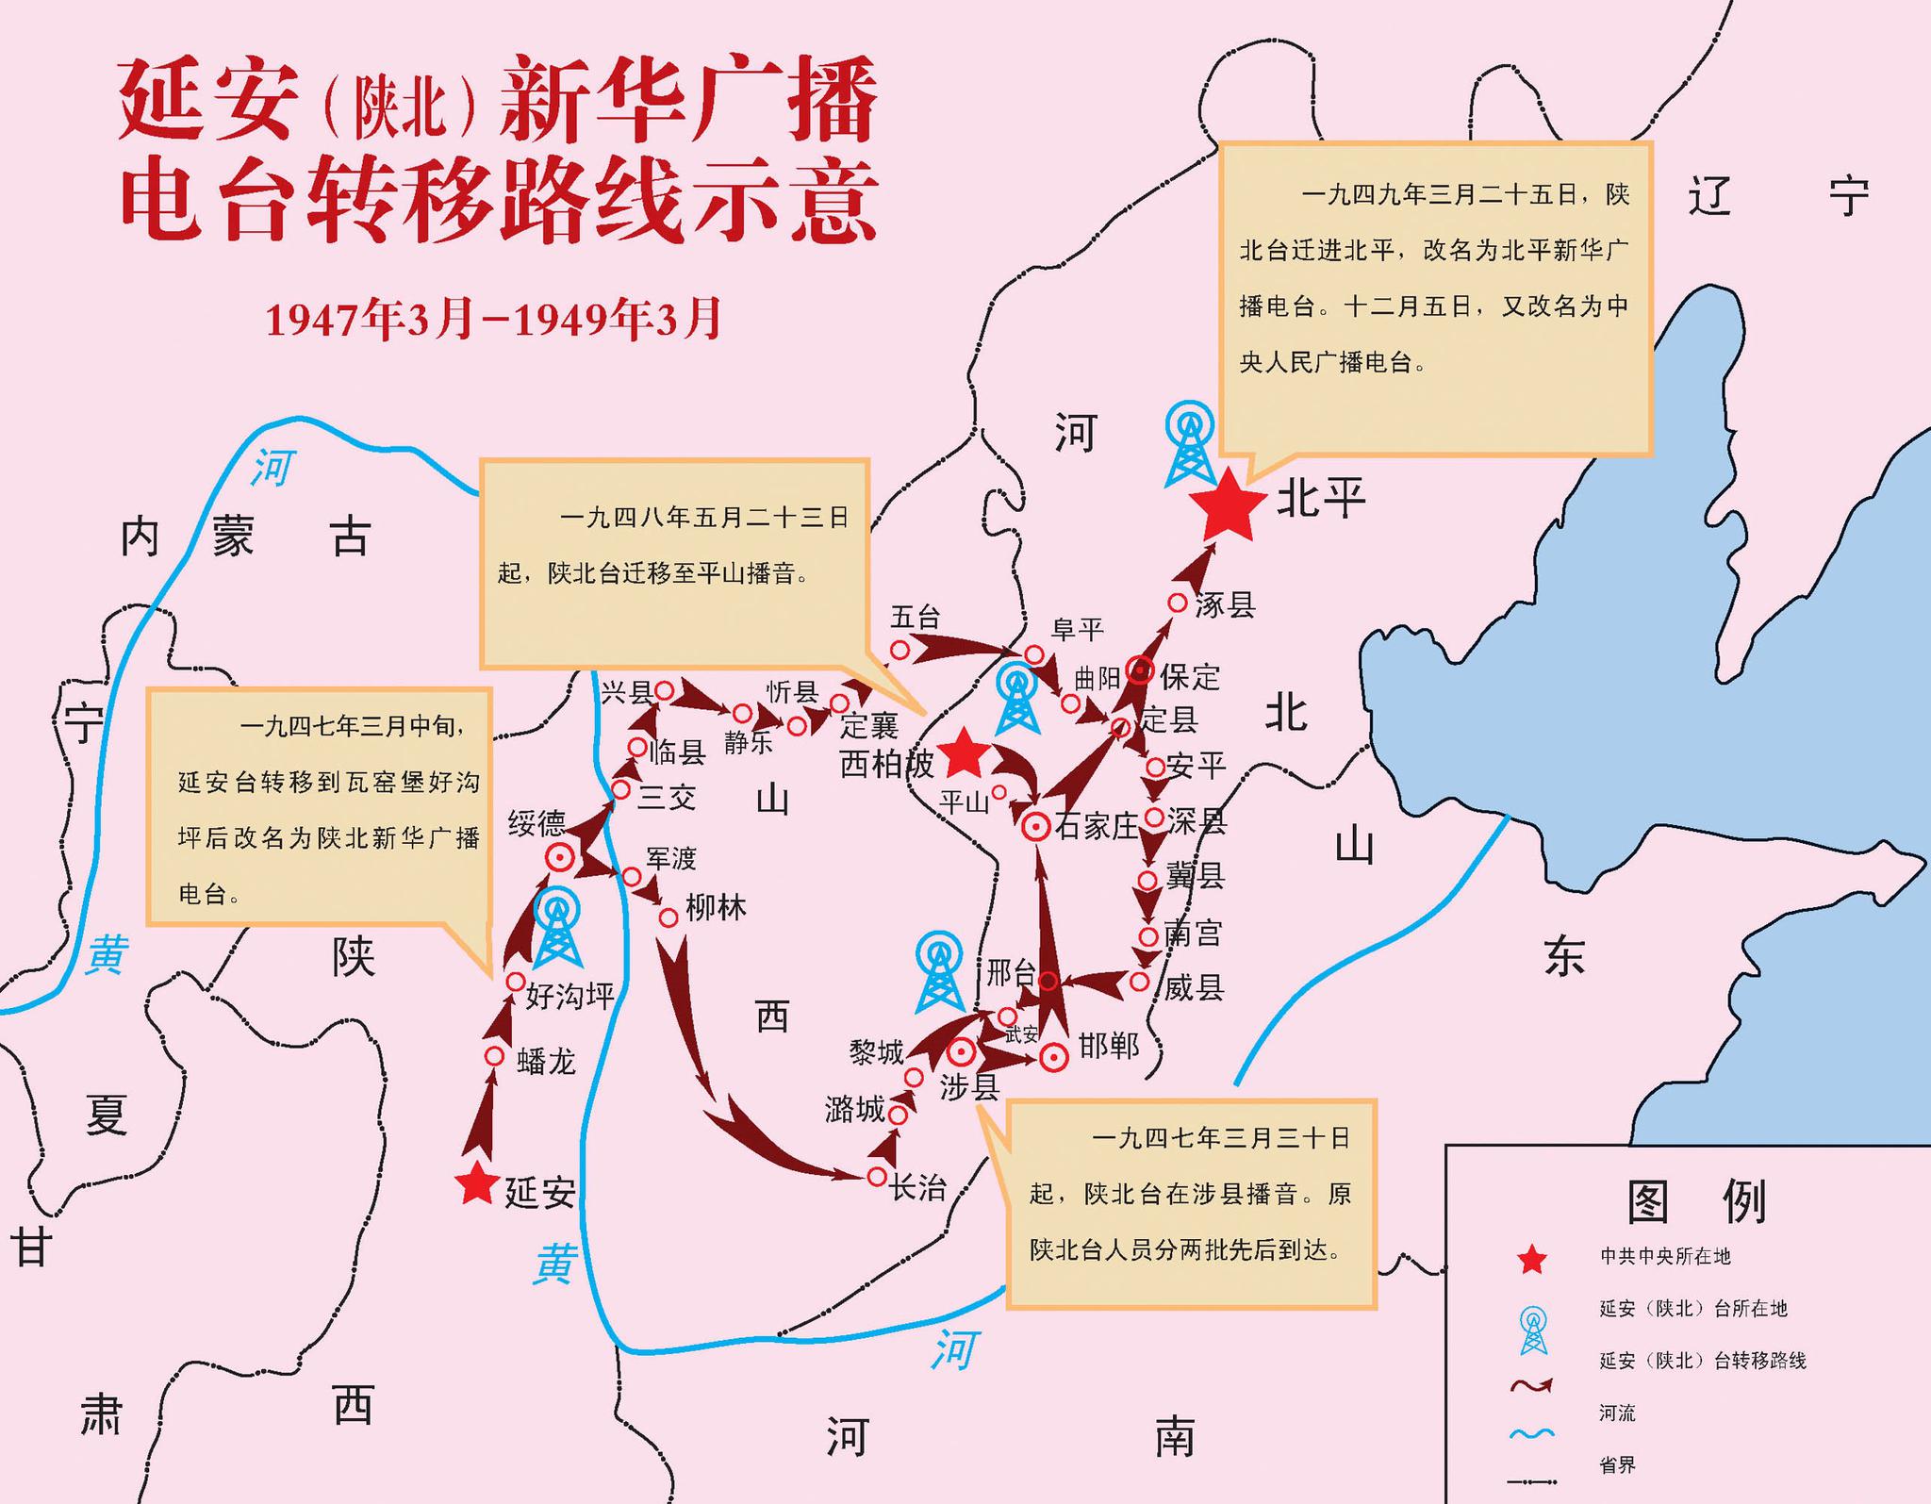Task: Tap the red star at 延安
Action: [x=476, y=1184]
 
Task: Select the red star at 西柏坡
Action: [x=964, y=752]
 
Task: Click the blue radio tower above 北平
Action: [x=1190, y=444]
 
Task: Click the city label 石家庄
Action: [x=1097, y=827]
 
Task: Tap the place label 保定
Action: [x=1190, y=676]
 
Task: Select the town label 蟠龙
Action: [x=546, y=1062]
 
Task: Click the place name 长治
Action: [x=918, y=1187]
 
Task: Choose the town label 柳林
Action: [x=716, y=908]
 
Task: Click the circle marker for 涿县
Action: [x=1178, y=603]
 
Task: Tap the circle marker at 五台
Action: [x=900, y=650]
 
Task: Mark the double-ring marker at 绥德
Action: [x=560, y=858]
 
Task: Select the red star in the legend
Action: [x=1532, y=1259]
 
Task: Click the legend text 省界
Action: [x=1617, y=1464]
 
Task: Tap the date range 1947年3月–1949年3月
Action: [x=493, y=319]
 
